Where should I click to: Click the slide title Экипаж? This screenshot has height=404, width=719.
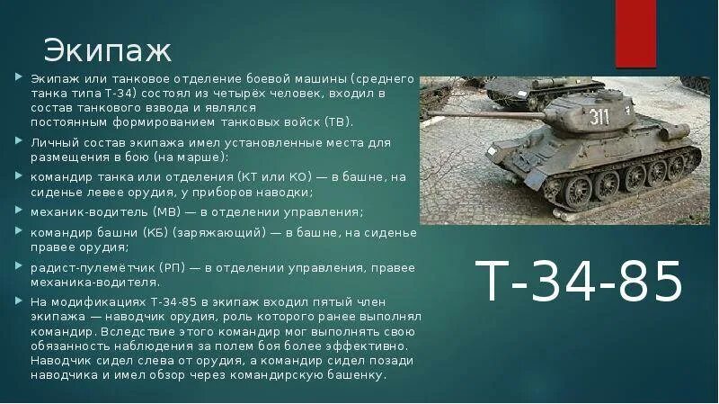pos(107,48)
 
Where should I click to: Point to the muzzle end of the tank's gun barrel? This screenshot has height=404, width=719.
pos(431,114)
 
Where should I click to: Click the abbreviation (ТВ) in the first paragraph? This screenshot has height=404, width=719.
pos(337,121)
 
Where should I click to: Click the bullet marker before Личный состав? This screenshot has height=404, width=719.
pos(19,141)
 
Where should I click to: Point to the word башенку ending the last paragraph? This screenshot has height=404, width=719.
pos(360,374)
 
